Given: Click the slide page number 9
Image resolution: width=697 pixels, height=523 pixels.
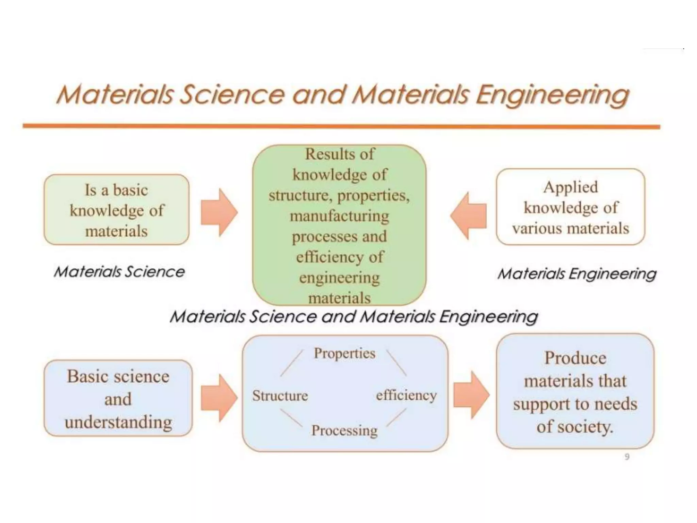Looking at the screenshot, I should tap(627, 457).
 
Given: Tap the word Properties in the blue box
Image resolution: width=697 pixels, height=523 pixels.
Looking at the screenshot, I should tap(344, 353).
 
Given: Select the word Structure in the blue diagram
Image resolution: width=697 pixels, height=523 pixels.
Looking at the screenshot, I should tap(280, 396).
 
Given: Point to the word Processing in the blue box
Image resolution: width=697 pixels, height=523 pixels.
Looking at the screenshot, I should tap(344, 430).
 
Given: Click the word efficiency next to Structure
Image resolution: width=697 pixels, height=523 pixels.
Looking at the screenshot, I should tap(406, 395).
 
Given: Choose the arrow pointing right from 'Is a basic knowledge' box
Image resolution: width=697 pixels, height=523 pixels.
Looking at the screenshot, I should tap(218, 212).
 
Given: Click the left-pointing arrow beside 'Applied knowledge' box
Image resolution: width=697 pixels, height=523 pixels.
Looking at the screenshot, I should tap(469, 216).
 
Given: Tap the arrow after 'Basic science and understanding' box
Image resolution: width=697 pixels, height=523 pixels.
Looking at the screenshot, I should tap(218, 398).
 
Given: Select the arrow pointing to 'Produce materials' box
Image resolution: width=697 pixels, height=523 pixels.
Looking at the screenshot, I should tap(471, 395).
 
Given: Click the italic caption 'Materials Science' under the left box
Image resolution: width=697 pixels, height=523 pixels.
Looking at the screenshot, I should tap(119, 272).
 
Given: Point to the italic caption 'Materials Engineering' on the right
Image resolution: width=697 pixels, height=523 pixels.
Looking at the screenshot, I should tap(577, 274).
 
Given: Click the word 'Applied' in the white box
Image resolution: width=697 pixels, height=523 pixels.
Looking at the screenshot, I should tap(570, 187).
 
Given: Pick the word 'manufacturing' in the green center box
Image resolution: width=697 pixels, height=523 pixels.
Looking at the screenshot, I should tap(339, 216).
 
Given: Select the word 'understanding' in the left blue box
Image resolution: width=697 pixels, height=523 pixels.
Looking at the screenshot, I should tap(118, 422).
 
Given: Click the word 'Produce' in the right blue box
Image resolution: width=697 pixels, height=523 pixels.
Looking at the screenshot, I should tap(575, 358).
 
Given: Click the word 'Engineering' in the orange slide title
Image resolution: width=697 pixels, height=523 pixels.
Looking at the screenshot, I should tap(552, 95).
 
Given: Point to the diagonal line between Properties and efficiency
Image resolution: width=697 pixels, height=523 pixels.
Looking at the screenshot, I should tap(396, 363).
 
